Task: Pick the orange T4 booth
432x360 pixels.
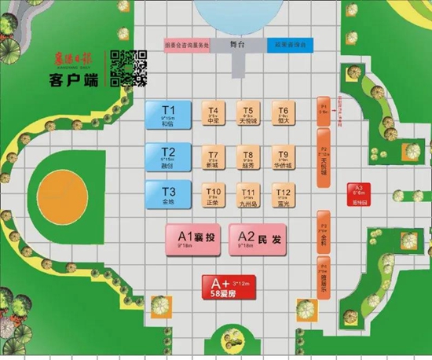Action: point(213,114)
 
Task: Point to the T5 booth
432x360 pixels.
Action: point(248,114)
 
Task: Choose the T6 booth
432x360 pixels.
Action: point(284,114)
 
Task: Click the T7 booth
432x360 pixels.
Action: point(213,157)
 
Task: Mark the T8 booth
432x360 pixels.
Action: point(248,157)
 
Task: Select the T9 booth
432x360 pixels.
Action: point(284,157)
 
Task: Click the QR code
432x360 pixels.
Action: point(129,67)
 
